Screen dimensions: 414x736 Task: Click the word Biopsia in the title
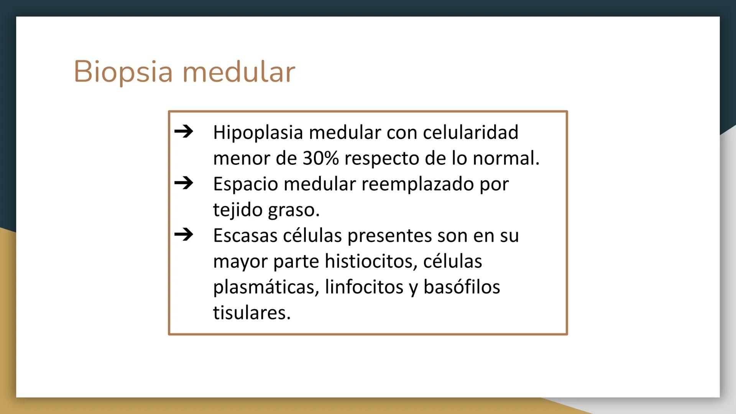pos(123,72)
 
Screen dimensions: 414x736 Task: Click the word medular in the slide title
pos(239,72)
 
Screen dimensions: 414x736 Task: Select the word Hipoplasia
pos(258,133)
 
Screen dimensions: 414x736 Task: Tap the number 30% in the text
pos(320,158)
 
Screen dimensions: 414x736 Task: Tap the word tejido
pos(237,210)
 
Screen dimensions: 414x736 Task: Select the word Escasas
pos(245,235)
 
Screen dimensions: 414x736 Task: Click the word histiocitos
pos(371,261)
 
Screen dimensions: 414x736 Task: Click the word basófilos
pos(462,287)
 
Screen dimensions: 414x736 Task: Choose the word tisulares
pos(252,313)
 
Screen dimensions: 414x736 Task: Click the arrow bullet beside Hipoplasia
pos(184,131)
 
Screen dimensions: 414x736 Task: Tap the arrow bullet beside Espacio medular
pos(184,183)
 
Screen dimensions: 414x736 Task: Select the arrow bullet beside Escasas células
pos(184,234)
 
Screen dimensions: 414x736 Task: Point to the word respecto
pos(381,158)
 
